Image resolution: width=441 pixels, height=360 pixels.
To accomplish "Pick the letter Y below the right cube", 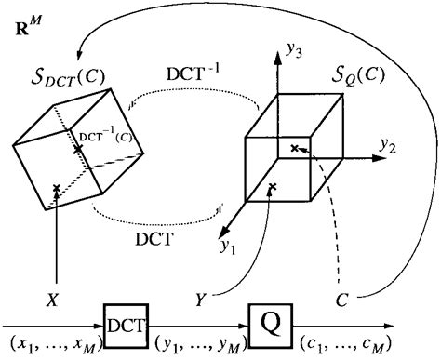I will point(200,300).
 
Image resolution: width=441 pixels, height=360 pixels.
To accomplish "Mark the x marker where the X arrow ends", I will point(58,189).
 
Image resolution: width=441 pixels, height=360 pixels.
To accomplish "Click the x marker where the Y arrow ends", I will point(272,189).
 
